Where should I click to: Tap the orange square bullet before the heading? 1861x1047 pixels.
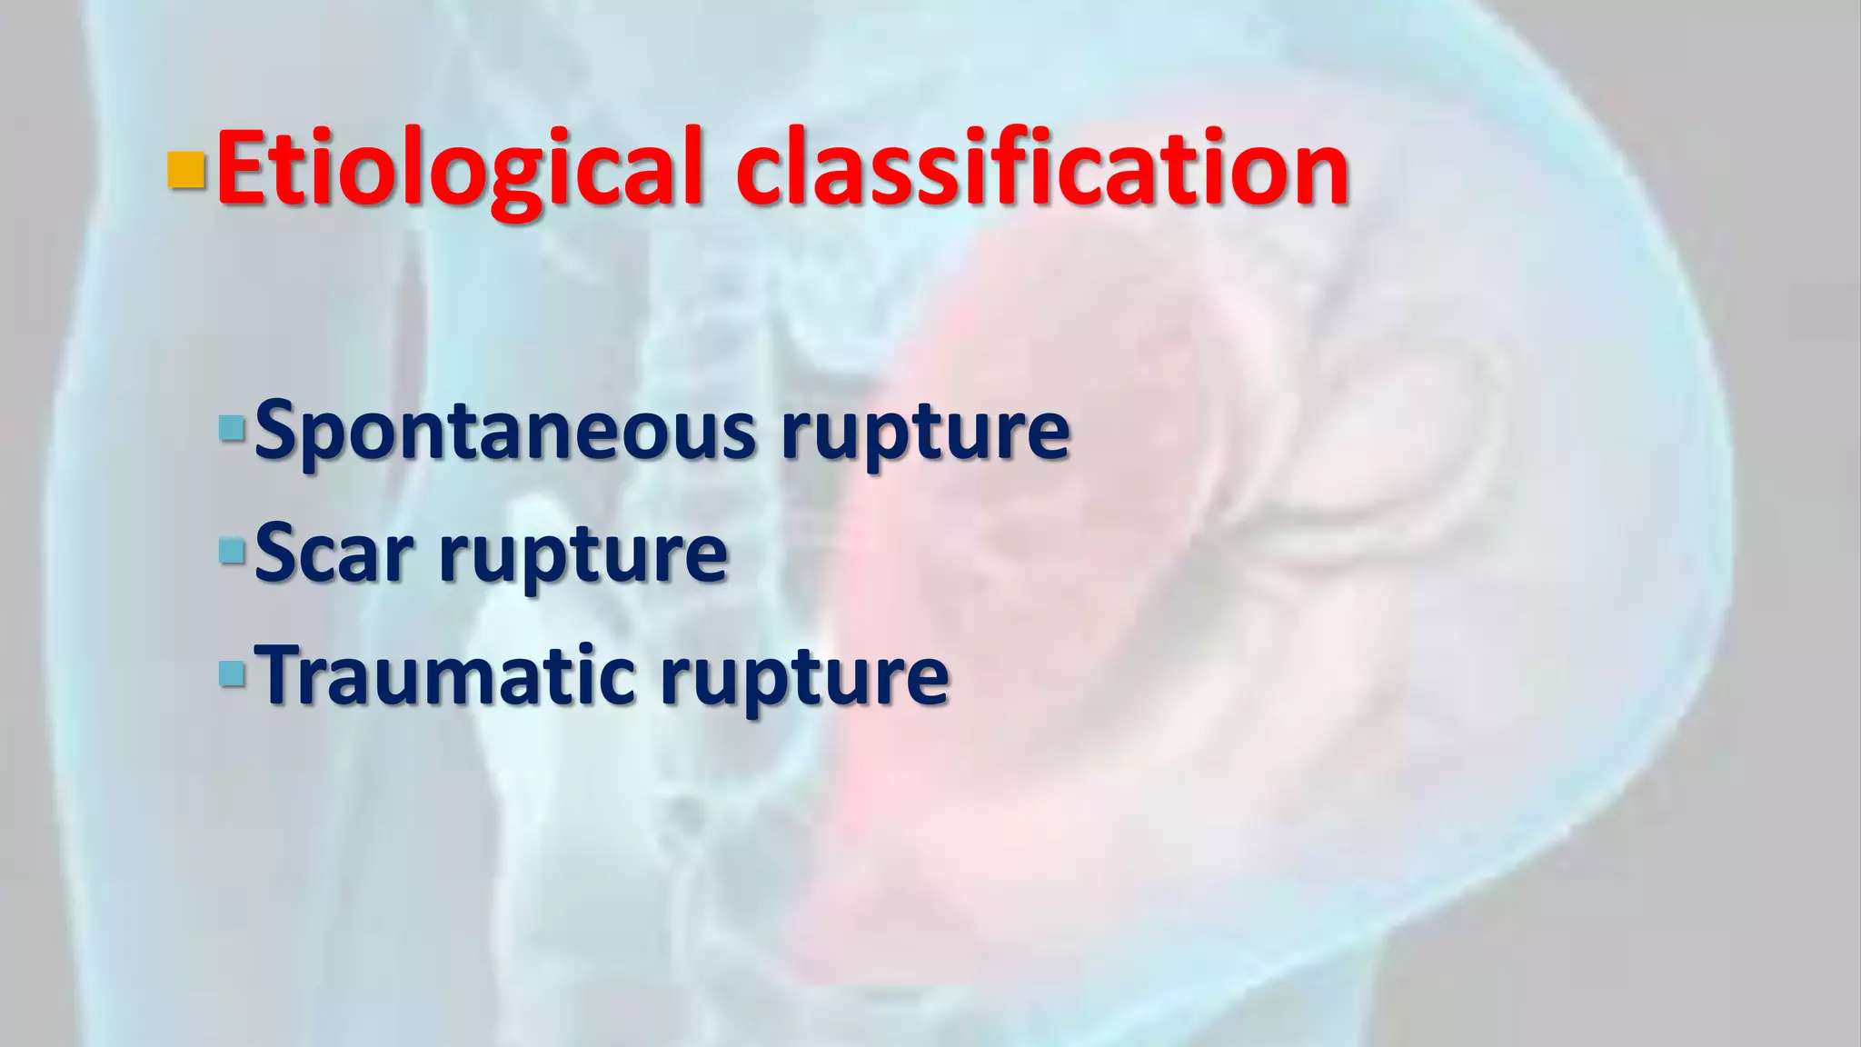click(x=186, y=170)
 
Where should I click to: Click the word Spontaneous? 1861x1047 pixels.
click(x=504, y=431)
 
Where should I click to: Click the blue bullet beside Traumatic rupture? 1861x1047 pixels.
click(x=233, y=673)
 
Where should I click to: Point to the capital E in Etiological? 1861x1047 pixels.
click(x=241, y=168)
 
